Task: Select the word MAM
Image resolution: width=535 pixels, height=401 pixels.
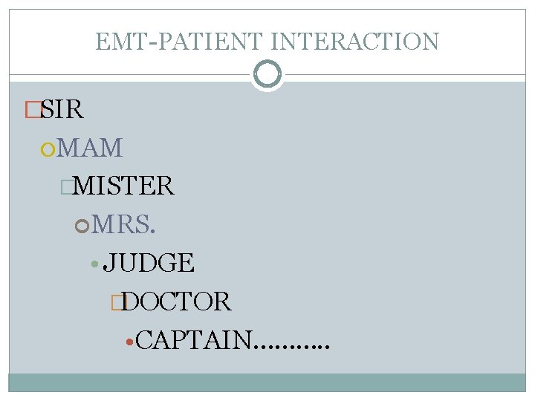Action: point(90,148)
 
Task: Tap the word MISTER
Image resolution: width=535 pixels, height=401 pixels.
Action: point(124,186)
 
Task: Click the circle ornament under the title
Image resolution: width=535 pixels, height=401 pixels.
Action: point(267,74)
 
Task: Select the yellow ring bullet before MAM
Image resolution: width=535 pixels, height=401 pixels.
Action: point(48,149)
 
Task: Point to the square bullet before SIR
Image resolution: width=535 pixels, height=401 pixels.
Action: point(32,111)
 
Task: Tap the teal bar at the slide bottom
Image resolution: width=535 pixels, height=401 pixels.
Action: point(267,382)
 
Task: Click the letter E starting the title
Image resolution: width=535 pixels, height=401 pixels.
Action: point(102,41)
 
